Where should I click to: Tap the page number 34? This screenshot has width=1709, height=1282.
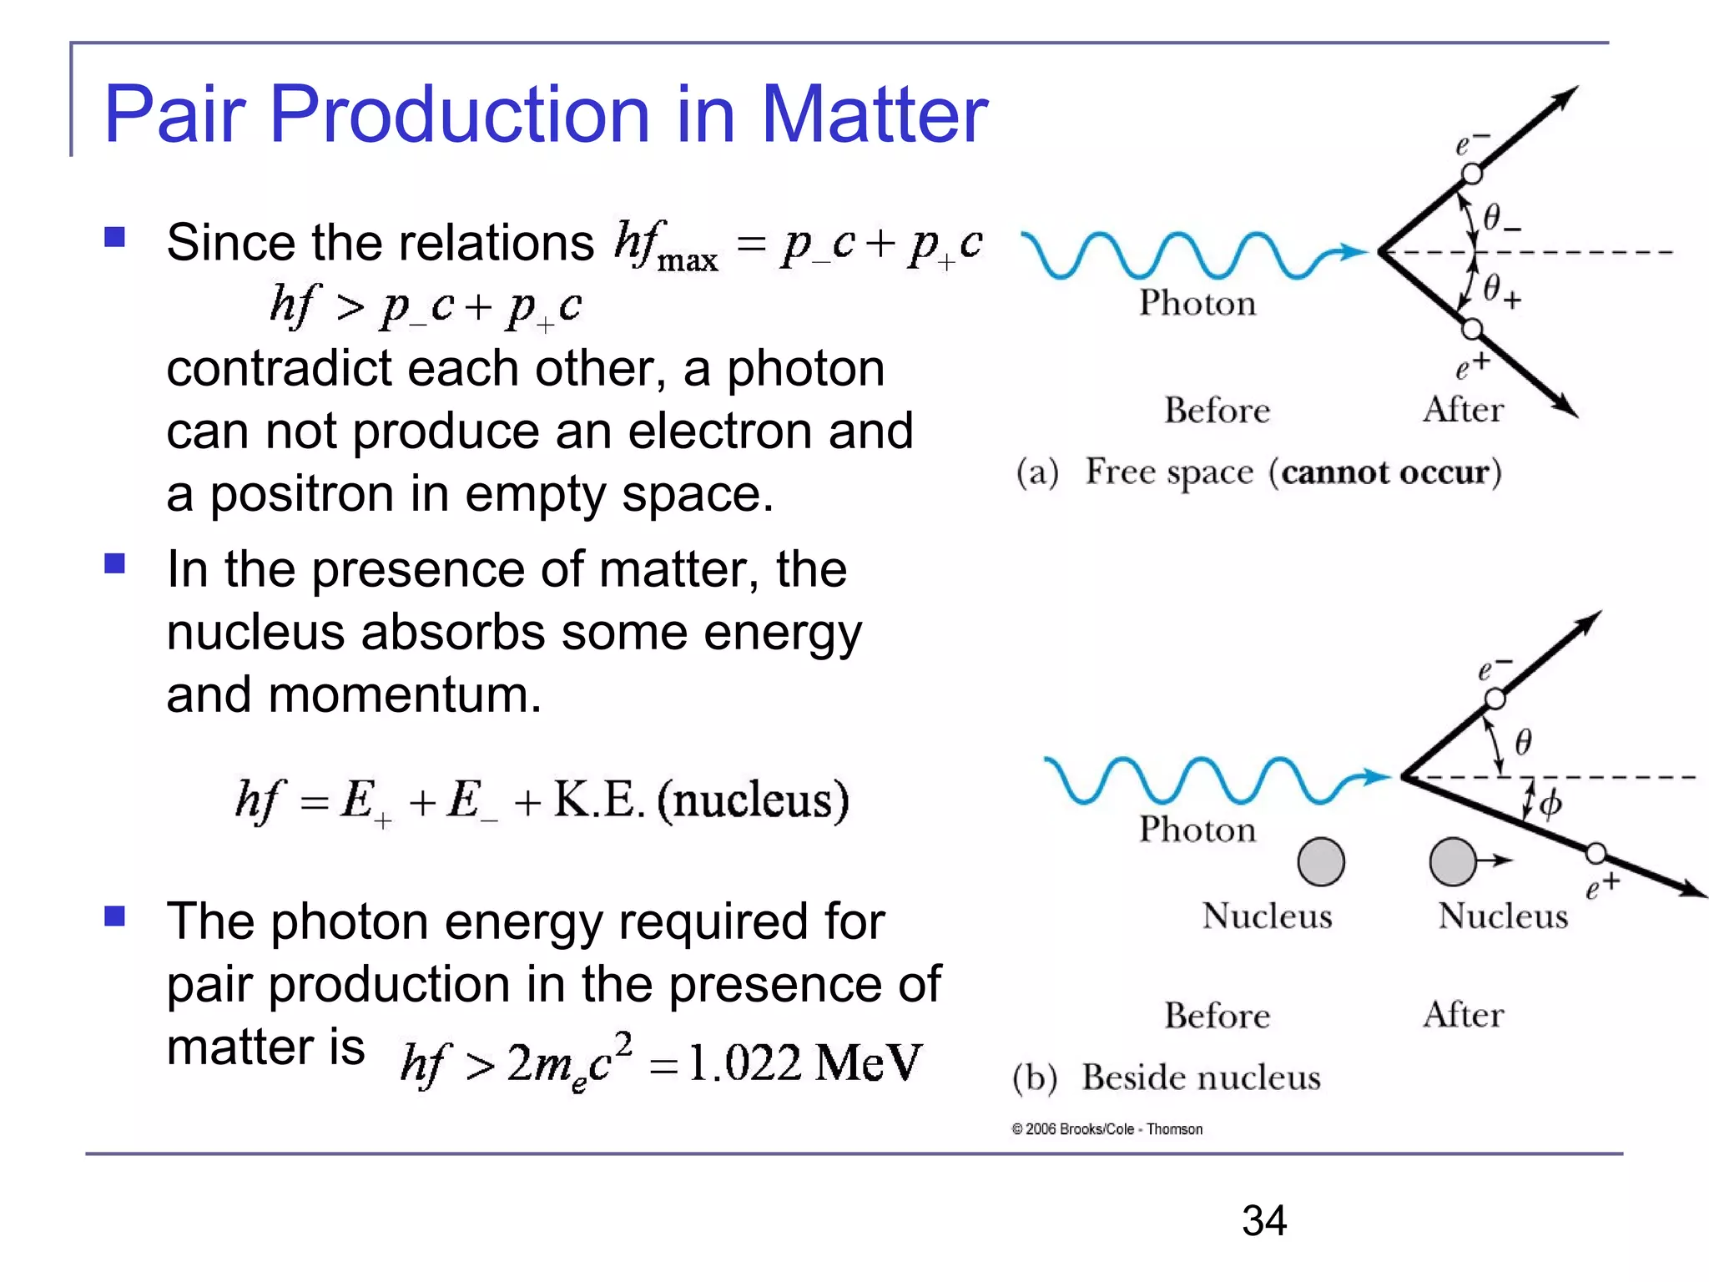tap(1263, 1220)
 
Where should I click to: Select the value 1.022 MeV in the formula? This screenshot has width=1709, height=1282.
tap(804, 1063)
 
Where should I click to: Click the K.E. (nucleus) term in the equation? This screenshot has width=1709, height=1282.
tap(701, 800)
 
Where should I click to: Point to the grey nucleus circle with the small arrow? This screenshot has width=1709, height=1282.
tap(1453, 861)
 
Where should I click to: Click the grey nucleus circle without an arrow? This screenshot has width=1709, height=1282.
tap(1321, 861)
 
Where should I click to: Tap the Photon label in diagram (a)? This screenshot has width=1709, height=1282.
tap(1197, 303)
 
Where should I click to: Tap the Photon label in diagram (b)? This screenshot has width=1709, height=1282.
tap(1197, 830)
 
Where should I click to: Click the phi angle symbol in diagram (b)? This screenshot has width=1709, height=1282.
tap(1550, 805)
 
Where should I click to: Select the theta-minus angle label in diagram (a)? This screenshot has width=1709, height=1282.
tap(1500, 219)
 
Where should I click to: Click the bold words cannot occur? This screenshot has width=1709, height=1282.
tap(1385, 472)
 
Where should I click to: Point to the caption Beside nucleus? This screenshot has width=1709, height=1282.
tap(1201, 1078)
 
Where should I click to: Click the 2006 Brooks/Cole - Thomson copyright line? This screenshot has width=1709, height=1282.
tap(1107, 1129)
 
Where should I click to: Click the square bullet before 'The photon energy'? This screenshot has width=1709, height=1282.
tap(114, 916)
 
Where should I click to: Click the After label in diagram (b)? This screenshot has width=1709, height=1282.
tap(1463, 1015)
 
